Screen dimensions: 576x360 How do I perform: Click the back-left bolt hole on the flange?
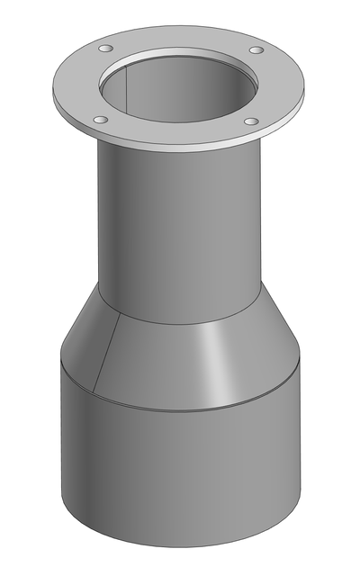(106, 48)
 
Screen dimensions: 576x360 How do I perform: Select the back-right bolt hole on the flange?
(256, 50)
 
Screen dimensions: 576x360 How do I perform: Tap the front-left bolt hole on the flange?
(100, 120)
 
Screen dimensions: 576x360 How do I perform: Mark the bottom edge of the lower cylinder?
(180, 547)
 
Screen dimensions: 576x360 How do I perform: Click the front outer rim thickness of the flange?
(180, 148)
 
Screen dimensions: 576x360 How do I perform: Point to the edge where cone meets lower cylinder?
(180, 409)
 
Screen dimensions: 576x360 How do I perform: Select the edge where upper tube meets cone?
(180, 323)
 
